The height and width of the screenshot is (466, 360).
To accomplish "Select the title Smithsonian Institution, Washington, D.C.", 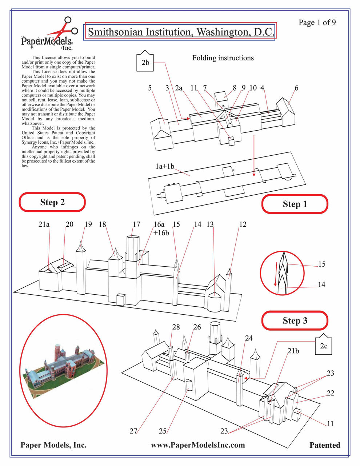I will [180, 32].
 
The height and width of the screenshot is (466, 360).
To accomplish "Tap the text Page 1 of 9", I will [317, 23].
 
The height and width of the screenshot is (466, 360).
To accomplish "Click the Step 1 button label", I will [295, 204].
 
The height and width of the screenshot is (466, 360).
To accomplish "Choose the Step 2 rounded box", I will [52, 202].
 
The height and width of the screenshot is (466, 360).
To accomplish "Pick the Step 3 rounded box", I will [295, 320].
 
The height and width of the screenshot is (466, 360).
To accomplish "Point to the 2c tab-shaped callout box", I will [324, 345].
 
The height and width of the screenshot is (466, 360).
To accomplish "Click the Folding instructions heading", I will [223, 58].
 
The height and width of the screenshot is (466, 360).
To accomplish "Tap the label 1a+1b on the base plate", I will [165, 167].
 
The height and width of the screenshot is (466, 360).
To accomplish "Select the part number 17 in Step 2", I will [136, 224].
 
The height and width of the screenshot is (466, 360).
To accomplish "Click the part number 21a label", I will [44, 224].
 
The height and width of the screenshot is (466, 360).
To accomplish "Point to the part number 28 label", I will [176, 327].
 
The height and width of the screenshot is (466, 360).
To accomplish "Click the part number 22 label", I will [330, 393].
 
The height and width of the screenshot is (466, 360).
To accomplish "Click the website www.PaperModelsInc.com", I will [198, 445].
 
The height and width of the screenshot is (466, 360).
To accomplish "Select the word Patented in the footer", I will [325, 445].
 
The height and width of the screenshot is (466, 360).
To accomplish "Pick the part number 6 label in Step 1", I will [296, 88].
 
